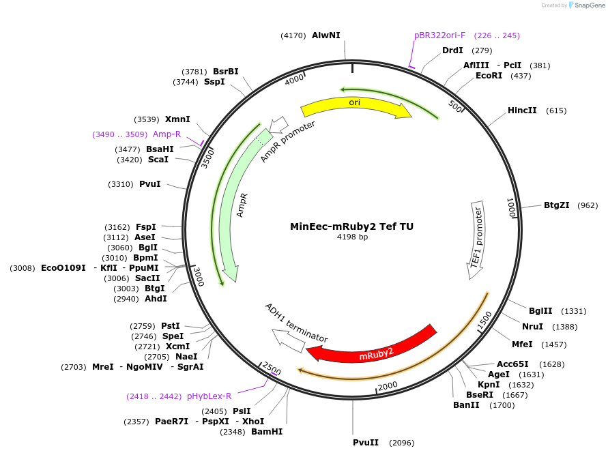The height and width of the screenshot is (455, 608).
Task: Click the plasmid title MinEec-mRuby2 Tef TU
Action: coord(351,226)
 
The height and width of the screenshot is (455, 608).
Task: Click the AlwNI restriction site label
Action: coord(326,35)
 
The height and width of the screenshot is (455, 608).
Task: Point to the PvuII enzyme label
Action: coord(366,443)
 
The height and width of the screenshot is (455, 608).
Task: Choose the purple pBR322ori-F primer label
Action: coord(439,35)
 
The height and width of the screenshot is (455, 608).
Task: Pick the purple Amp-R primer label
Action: coord(167,134)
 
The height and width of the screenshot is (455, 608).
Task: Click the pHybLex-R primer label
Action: coord(209,396)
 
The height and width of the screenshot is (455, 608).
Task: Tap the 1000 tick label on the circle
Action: coord(511,208)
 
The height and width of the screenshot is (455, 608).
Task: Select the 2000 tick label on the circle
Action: coord(388,386)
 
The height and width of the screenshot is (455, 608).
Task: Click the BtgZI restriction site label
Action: coord(556,205)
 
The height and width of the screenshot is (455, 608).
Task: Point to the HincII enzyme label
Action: coord(522,111)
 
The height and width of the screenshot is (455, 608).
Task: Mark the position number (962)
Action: coord(588,205)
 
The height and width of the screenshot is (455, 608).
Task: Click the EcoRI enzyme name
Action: coord(489,76)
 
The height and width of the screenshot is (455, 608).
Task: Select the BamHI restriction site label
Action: coord(267,432)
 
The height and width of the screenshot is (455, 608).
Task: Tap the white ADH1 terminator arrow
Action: coord(288,340)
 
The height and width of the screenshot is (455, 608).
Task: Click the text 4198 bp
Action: coord(352,237)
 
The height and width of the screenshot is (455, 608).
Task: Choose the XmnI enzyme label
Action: coord(177,119)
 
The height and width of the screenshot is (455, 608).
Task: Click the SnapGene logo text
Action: coord(590,5)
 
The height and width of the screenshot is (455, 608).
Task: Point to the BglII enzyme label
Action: coord(540,311)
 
